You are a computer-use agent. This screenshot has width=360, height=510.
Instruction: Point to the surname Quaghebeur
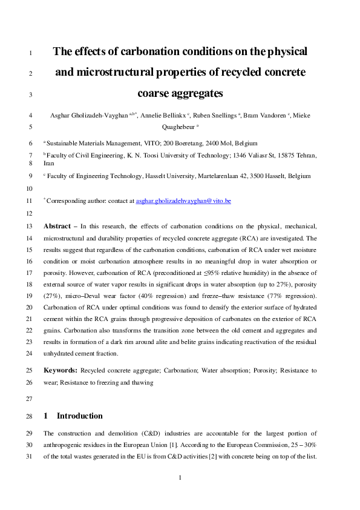point(179,127)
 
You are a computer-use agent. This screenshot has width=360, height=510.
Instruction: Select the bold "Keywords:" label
point(61,369)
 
